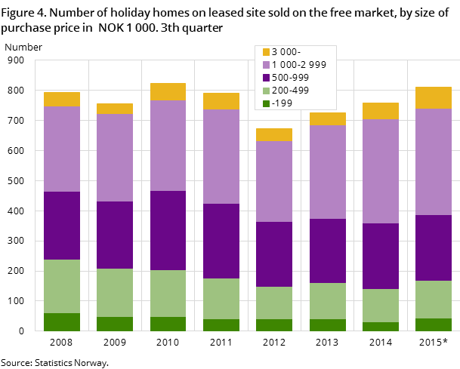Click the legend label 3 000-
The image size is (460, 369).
(x=286, y=52)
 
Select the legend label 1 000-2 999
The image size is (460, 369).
(x=298, y=65)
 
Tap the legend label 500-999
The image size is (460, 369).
(x=290, y=78)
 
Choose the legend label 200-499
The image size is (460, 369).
(x=290, y=90)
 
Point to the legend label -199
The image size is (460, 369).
(x=282, y=103)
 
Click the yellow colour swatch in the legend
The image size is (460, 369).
(x=266, y=52)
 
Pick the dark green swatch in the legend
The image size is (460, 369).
(x=266, y=103)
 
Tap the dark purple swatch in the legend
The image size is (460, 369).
(x=266, y=78)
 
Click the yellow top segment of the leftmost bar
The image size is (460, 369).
(x=62, y=99)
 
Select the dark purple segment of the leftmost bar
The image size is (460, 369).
(x=62, y=226)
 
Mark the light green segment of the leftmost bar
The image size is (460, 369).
(x=62, y=286)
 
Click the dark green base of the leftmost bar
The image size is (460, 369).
(x=62, y=321)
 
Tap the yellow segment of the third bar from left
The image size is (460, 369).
(x=168, y=91)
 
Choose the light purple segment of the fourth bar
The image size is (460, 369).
(x=221, y=156)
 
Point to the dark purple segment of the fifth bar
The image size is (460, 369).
(x=274, y=254)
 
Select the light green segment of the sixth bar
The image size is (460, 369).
(x=327, y=301)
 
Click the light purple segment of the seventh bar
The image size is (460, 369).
(x=381, y=171)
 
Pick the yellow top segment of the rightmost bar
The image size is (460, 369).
(x=434, y=97)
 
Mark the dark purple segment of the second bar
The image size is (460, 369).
(x=115, y=235)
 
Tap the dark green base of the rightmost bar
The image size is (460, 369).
(x=434, y=324)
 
